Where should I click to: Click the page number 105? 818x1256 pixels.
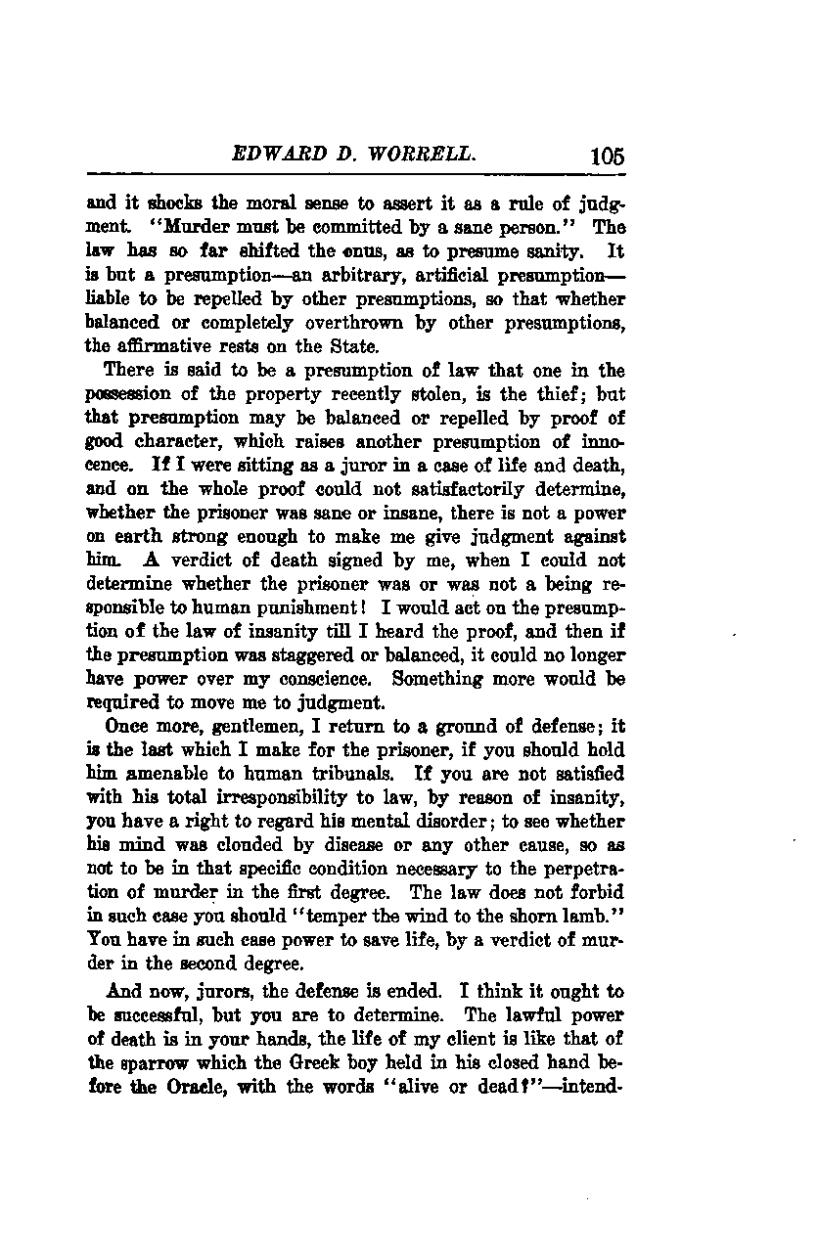607,156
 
